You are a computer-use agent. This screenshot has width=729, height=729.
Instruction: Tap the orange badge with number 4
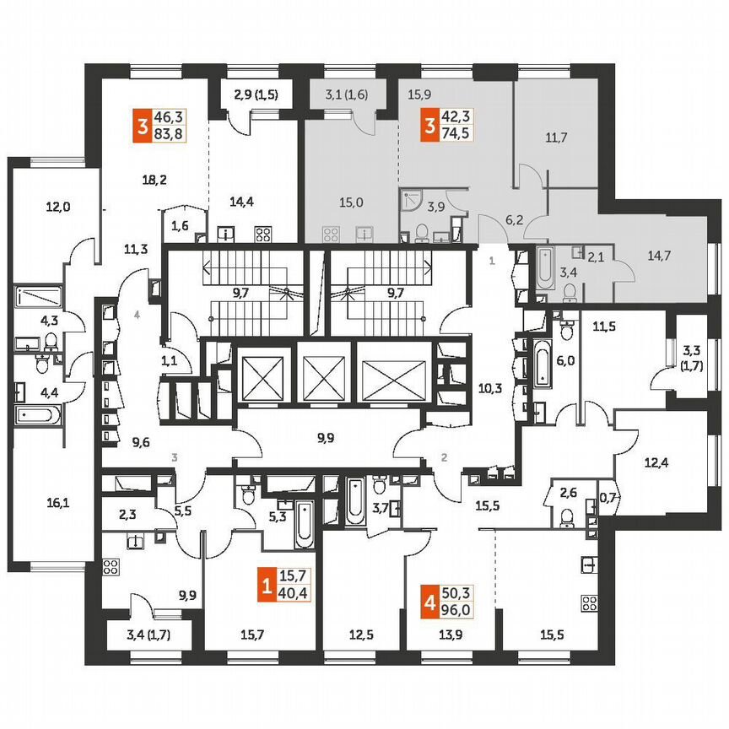click(433, 604)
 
